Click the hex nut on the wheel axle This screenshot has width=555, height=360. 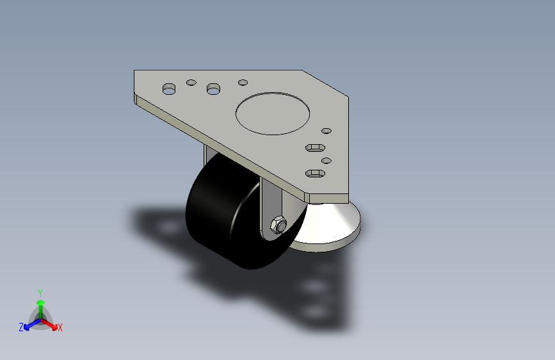[278, 225]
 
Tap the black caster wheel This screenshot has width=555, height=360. [221, 211]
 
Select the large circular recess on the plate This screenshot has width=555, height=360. [273, 113]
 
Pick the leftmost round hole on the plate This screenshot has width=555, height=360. [169, 88]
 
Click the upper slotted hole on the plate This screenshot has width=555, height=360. [314, 148]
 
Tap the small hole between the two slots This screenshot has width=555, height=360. [326, 160]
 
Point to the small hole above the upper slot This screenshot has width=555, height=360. [326, 131]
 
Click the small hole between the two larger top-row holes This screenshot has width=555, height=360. [191, 83]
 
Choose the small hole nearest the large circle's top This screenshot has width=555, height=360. [243, 82]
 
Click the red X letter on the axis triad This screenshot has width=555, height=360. [60, 328]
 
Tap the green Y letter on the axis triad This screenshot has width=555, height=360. [40, 291]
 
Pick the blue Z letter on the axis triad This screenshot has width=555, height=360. [21, 327]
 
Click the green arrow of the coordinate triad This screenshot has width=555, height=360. [40, 304]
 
